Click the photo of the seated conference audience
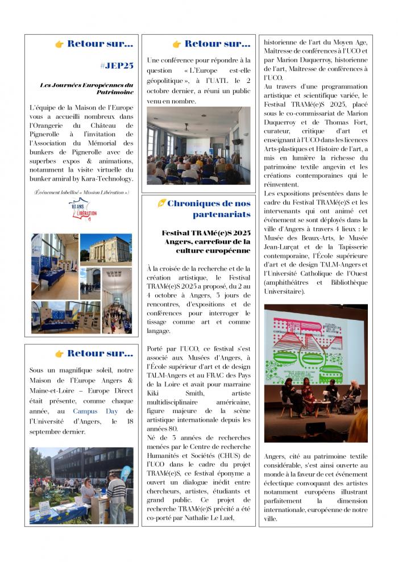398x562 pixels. tap(198, 145)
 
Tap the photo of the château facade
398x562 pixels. tap(106, 248)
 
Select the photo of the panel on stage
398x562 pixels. tap(316, 373)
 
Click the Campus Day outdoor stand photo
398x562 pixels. tap(82, 485)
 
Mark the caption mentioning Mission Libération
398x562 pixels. tap(82, 193)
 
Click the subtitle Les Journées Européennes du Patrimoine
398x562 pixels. tap(87, 88)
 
